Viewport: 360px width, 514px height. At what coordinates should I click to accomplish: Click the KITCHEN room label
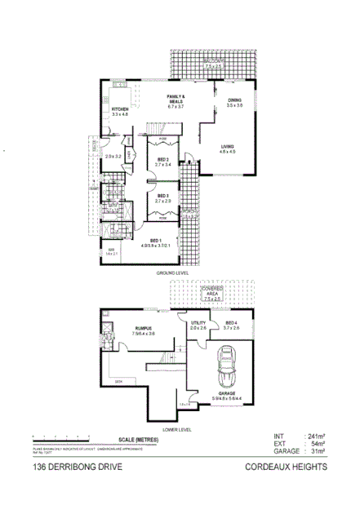click(x=121, y=109)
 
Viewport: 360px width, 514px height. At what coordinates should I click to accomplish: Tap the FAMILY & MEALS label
click(x=176, y=97)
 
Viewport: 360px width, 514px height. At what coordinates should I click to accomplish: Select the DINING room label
click(x=234, y=100)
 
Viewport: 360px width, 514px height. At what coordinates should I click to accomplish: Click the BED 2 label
click(x=163, y=159)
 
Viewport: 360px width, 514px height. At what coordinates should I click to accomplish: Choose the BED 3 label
click(x=163, y=195)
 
